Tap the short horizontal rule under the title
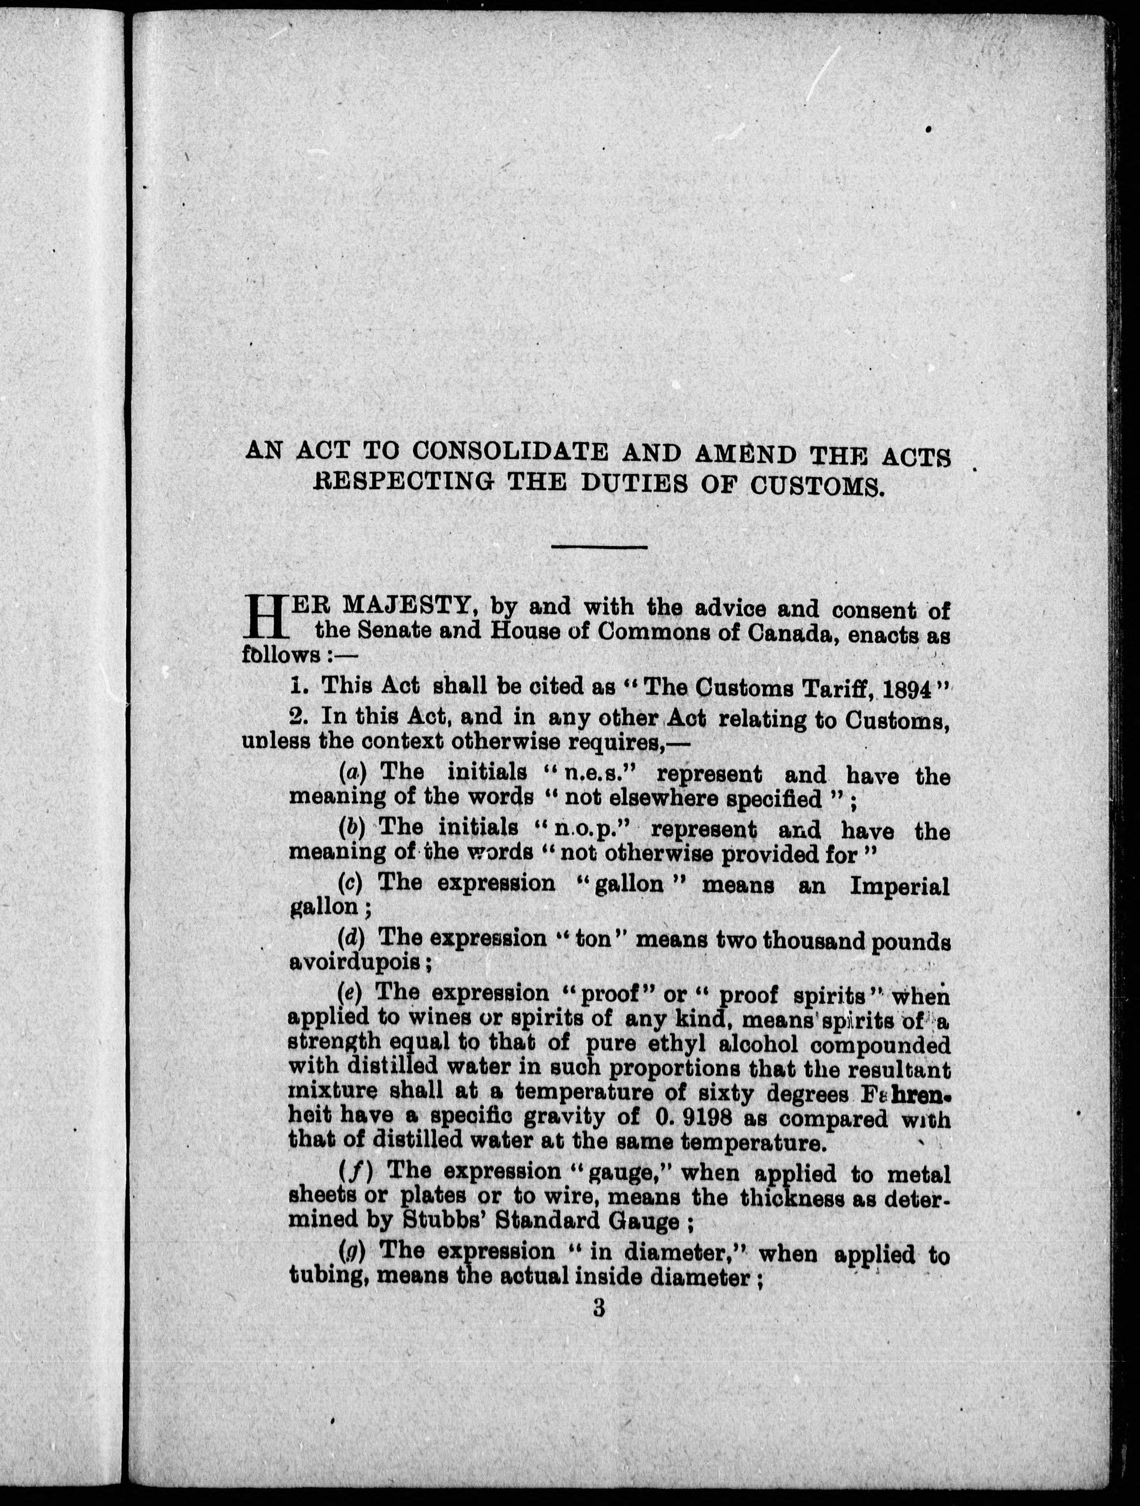pyautogui.click(x=599, y=547)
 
